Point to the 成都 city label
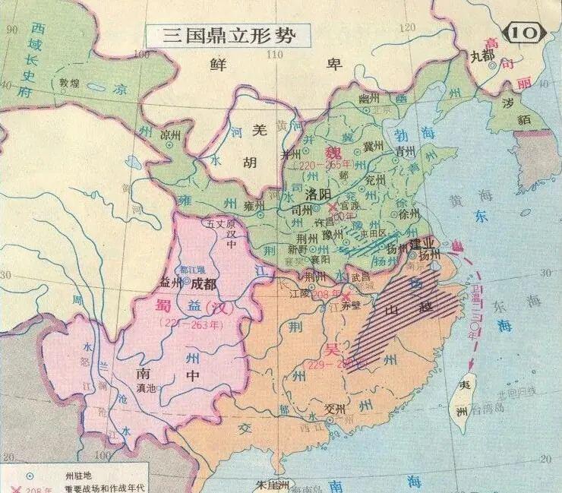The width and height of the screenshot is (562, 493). tap(203, 284)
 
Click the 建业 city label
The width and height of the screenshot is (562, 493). tap(421, 244)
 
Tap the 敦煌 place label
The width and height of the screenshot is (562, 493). tap(69, 83)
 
